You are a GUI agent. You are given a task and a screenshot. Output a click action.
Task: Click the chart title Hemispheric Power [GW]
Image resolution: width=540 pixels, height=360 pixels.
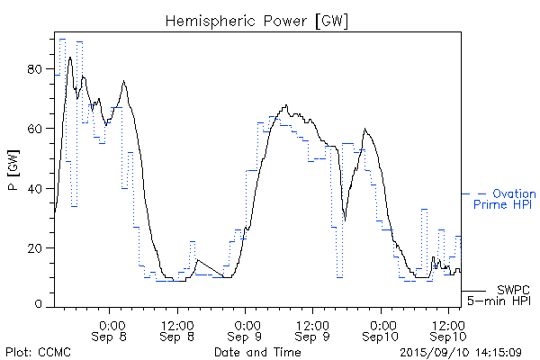pyautogui.click(x=257, y=20)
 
